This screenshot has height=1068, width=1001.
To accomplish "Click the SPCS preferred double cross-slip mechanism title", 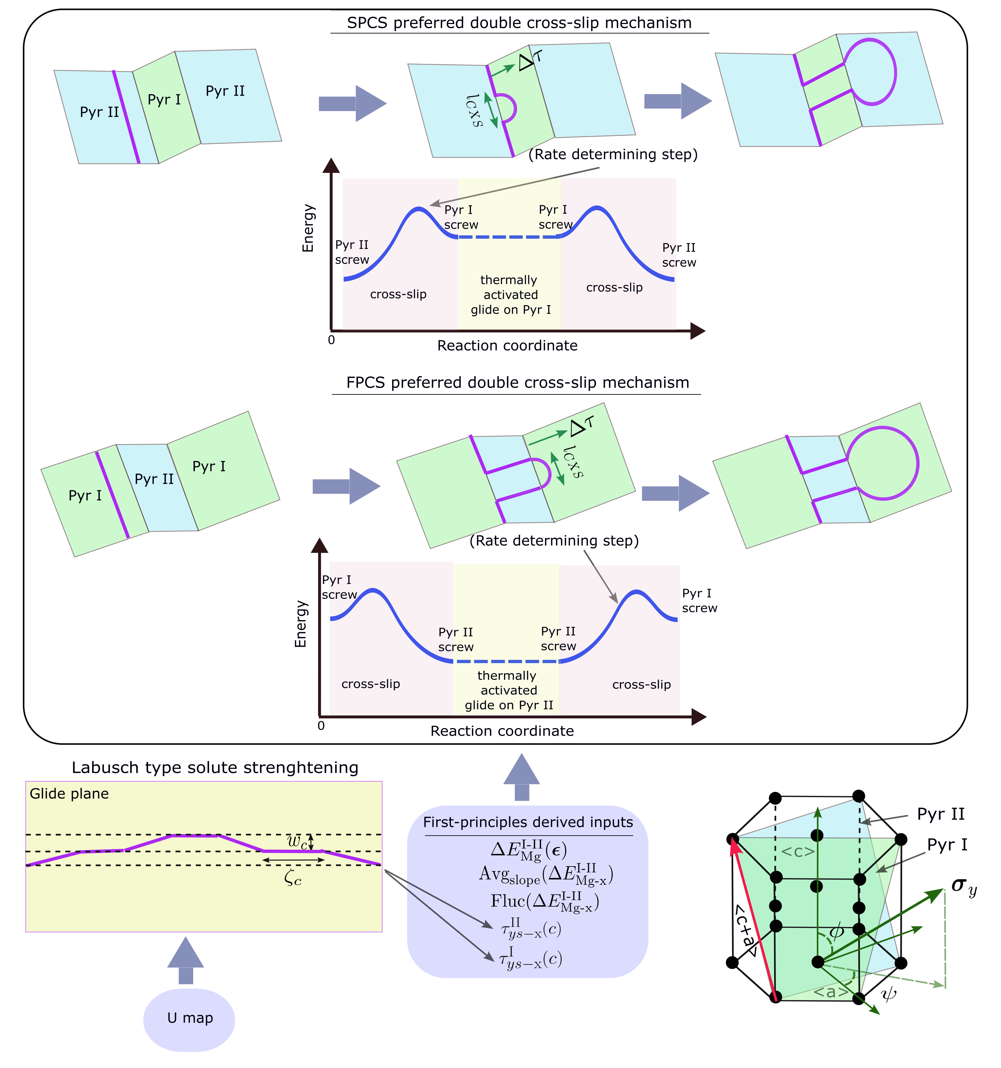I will point(519,23).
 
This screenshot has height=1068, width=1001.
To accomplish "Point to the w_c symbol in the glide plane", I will point(297,842).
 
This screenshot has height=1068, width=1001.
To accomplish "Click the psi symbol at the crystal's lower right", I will point(889,995).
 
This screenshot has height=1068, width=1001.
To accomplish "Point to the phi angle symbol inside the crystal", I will point(836,931).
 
